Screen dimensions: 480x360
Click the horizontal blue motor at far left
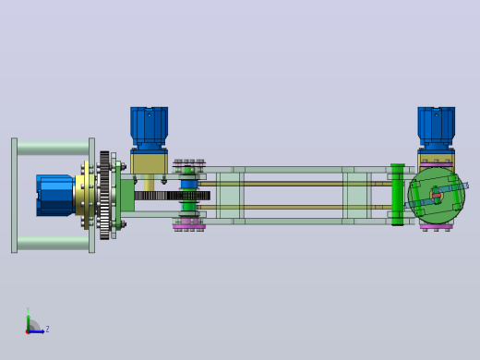55,195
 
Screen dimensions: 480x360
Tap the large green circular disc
437,196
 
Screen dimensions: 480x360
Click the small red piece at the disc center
437,196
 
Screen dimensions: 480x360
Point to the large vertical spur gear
104,195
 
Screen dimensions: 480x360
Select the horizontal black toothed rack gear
173,196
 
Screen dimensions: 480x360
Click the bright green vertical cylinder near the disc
398,195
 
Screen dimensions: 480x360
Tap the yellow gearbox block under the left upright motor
150,163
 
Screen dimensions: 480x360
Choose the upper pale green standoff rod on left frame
53,148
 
